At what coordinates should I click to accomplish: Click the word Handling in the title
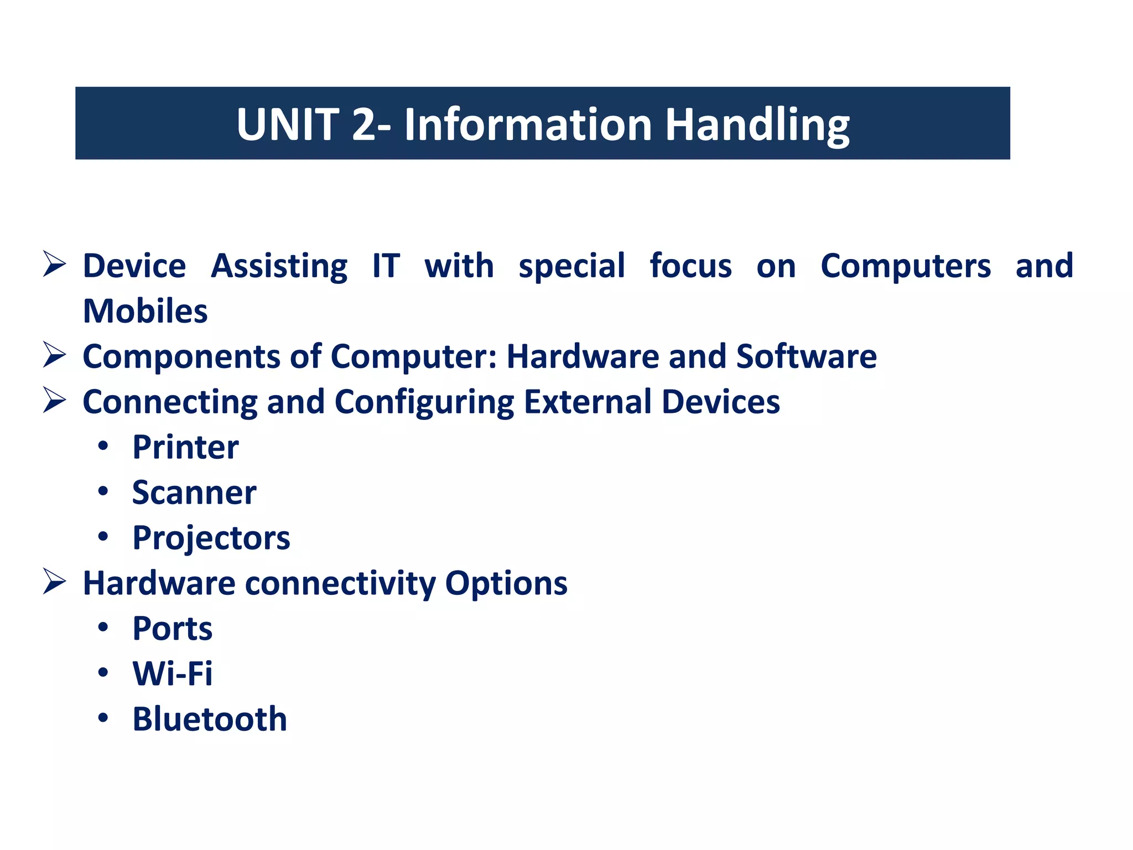pos(757,125)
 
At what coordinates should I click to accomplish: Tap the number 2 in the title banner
pos(363,125)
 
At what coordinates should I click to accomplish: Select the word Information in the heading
pos(528,125)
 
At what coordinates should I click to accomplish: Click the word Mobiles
pos(145,311)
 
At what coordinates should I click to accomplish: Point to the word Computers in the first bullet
pos(906,267)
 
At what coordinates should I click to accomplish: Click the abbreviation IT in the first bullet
pos(386,266)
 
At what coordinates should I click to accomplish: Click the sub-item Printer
pos(185,448)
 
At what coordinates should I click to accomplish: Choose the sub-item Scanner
pos(194,493)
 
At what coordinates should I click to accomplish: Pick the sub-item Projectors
pos(211,538)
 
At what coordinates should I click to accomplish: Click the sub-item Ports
pos(172,629)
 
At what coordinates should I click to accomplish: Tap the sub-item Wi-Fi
pos(172,674)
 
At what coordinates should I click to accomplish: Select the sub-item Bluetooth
pos(210,719)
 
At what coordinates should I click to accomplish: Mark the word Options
pos(506,584)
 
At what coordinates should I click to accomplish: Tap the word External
pos(588,402)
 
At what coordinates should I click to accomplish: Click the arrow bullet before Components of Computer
pos(54,355)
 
